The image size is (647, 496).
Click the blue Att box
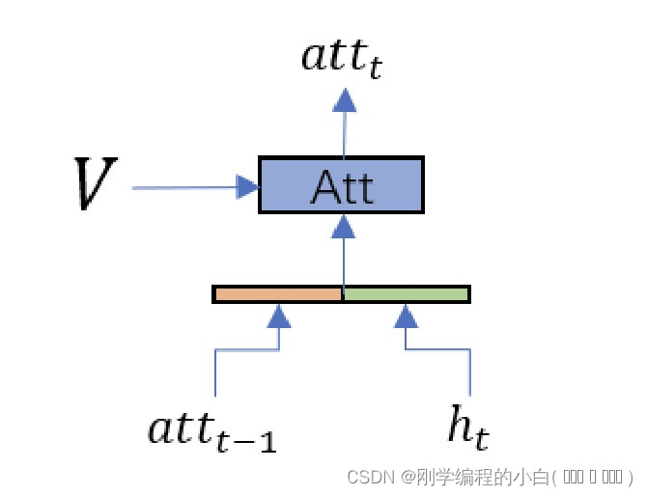point(341,184)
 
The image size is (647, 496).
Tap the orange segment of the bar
point(278,293)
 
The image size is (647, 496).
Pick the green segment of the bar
point(407,293)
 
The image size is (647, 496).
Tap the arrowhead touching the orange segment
point(278,315)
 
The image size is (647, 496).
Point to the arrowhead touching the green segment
point(407,315)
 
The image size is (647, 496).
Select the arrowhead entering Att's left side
point(248,187)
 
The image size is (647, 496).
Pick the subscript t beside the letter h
point(480,440)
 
